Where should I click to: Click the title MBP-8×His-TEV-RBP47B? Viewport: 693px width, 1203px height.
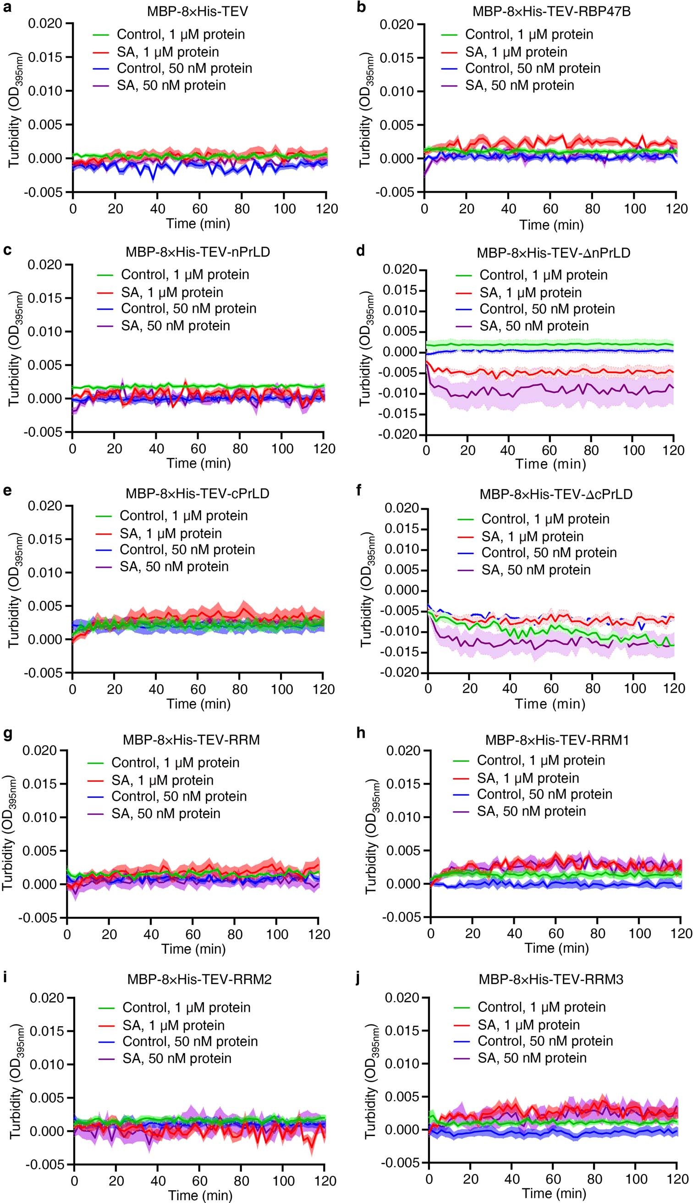tap(551, 11)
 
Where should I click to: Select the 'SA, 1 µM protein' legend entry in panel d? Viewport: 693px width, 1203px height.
tap(530, 292)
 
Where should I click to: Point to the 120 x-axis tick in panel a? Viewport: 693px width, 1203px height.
tap(326, 209)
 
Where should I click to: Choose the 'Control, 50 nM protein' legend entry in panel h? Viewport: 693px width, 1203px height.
tap(544, 794)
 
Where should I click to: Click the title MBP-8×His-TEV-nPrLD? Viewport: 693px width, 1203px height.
tap(198, 252)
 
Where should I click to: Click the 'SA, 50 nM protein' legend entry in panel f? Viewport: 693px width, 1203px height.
tap(536, 570)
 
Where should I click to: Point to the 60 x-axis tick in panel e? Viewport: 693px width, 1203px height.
tap(198, 689)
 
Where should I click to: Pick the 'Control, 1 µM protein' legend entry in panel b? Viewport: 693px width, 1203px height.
tap(529, 34)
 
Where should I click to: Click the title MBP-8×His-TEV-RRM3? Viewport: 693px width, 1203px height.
tap(551, 979)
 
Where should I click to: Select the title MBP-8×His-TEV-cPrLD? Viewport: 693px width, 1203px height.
tap(197, 493)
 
